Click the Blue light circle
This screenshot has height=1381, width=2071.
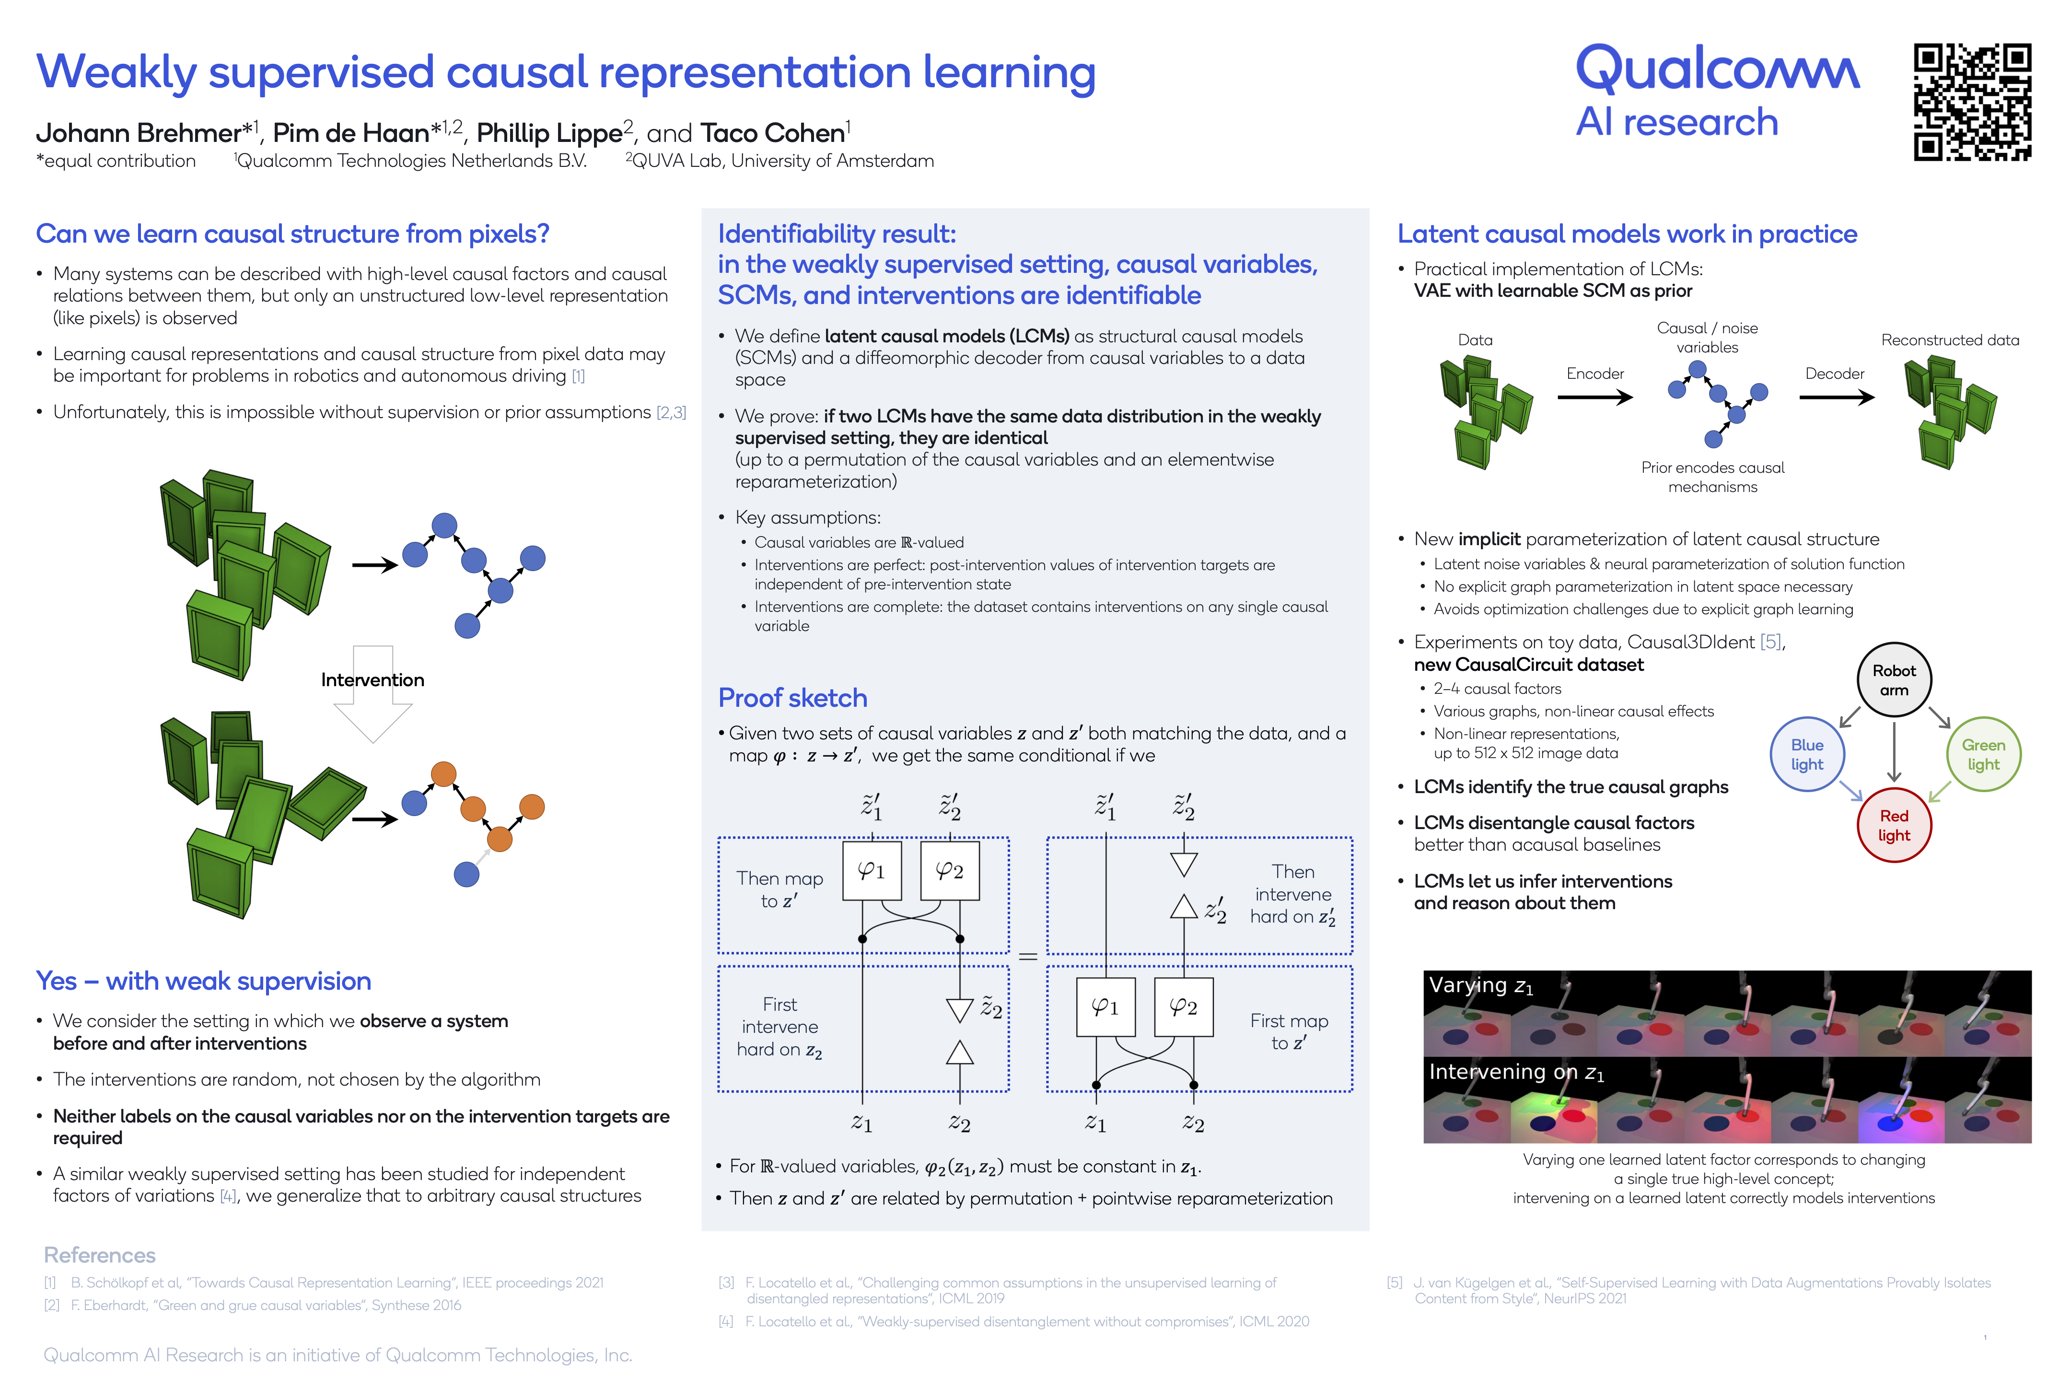(x=1807, y=754)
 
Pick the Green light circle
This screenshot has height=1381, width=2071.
(x=1983, y=754)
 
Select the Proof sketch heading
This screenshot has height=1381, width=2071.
(x=792, y=698)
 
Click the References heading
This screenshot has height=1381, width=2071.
(x=100, y=1255)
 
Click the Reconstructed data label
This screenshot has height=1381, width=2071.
(x=1950, y=340)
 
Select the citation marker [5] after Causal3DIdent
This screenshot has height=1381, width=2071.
(x=1770, y=642)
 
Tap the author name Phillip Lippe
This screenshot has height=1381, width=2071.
(x=549, y=133)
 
